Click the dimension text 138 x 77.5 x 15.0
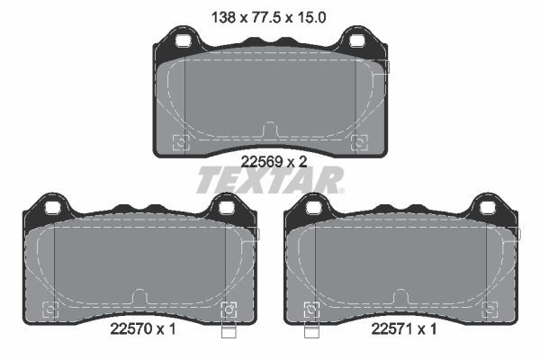click(x=268, y=17)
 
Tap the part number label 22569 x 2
click(x=274, y=162)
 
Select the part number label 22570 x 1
click(x=143, y=329)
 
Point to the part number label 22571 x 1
click(x=403, y=329)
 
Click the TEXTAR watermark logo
click(x=270, y=180)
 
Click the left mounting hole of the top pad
click(x=183, y=40)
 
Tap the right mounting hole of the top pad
click(x=356, y=40)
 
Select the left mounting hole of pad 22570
click(x=53, y=208)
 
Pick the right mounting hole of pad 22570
click(x=226, y=208)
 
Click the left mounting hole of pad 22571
click(x=314, y=208)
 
